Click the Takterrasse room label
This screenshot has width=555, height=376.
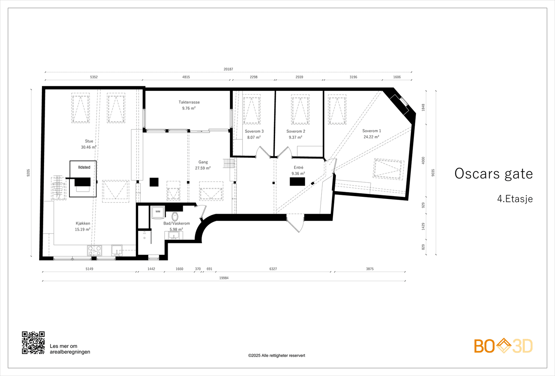(189, 102)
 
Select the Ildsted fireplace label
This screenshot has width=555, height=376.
(84, 167)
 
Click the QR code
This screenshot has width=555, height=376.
(33, 343)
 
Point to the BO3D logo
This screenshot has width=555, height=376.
(503, 346)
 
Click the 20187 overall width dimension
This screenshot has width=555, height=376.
(228, 69)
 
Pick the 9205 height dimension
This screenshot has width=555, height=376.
(28, 173)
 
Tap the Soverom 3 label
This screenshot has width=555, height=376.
(254, 131)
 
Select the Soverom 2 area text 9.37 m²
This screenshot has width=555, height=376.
(295, 137)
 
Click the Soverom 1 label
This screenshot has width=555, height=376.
(372, 131)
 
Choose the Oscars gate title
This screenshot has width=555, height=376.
(494, 174)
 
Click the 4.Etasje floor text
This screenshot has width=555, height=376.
(515, 199)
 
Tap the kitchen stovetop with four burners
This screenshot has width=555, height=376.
(94, 250)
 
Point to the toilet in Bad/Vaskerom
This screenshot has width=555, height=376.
(175, 217)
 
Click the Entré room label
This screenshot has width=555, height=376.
(299, 168)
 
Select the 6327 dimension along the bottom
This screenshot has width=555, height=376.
(273, 269)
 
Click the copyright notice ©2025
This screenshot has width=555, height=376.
(276, 356)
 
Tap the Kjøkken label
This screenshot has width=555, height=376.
(83, 223)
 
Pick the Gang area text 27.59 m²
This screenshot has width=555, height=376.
(203, 168)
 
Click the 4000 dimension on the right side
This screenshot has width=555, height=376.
(423, 160)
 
